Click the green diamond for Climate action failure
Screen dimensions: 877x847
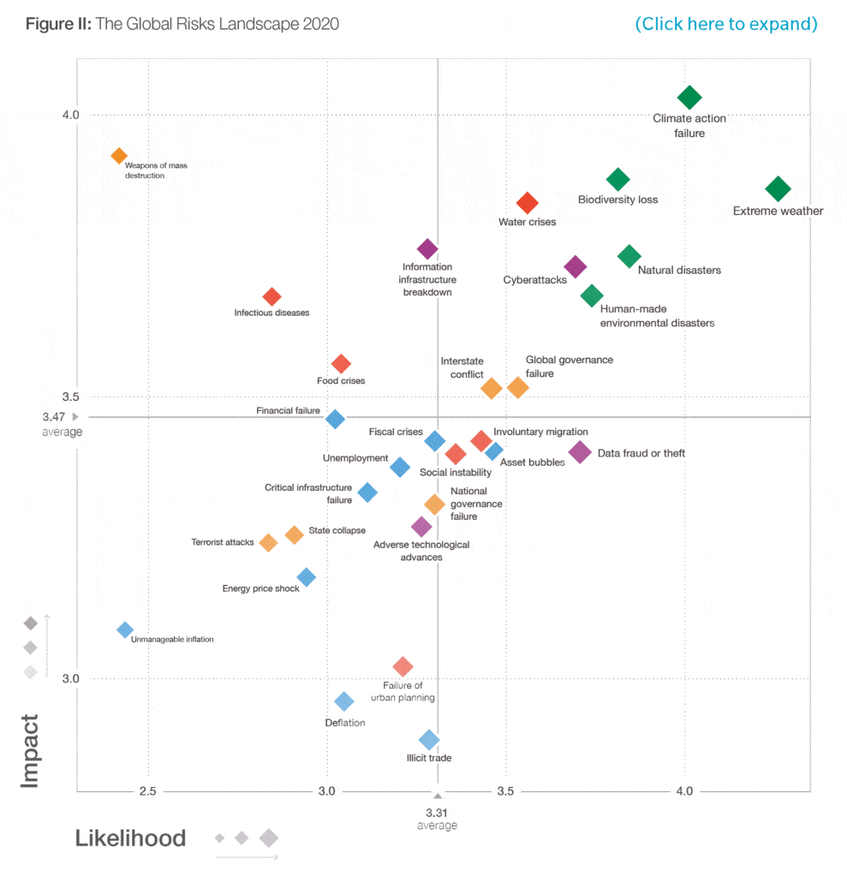coord(689,98)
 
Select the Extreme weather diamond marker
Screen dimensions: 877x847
coord(778,188)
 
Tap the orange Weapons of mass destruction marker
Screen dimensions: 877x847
coord(119,156)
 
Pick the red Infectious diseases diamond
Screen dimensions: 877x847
coord(271,296)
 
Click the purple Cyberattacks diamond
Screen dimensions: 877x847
coord(576,266)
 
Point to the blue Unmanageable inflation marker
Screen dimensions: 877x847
coord(125,629)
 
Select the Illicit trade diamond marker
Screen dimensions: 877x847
coord(429,740)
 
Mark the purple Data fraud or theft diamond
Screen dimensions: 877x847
coord(580,451)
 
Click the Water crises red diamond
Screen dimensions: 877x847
coord(527,203)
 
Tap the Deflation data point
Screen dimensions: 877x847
coord(343,701)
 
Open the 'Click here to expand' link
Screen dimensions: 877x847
coord(726,24)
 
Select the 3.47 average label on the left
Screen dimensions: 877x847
coord(53,417)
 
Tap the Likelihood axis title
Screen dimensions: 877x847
coord(130,838)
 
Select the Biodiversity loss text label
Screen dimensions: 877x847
coord(617,200)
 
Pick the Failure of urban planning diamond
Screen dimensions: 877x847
coord(403,666)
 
